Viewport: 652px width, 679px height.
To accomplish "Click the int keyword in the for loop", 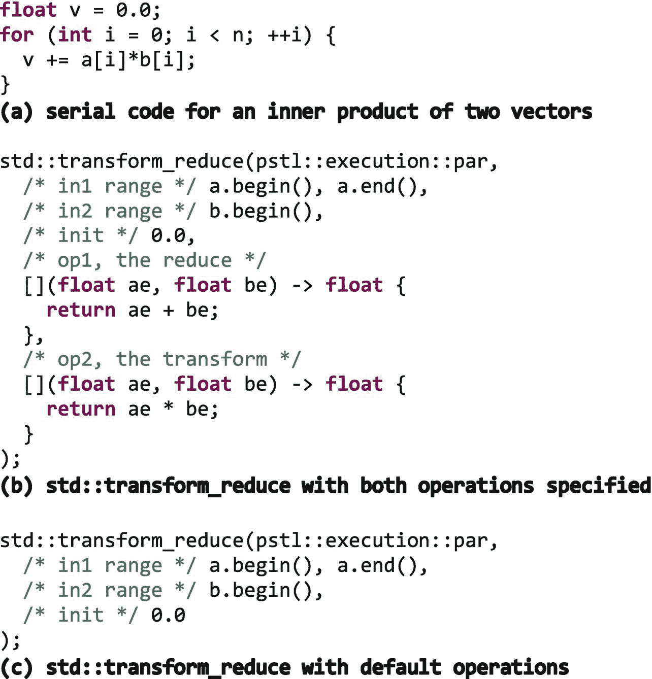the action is [75, 35].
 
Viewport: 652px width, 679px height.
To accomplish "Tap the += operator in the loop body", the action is [57, 60].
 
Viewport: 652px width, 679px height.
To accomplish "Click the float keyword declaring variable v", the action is [28, 10].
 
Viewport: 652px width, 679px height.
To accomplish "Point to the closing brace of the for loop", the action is [6, 85].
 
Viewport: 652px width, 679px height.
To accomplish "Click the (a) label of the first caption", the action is [17, 112].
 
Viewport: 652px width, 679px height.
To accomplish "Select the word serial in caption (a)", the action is [81, 112].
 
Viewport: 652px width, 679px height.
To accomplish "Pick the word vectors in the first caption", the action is [551, 112].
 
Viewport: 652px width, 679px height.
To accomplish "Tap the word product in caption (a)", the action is [377, 112].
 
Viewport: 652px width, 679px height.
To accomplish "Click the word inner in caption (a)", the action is [296, 112].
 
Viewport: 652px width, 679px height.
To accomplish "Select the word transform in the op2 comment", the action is [215, 359].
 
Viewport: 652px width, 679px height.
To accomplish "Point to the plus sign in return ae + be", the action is [168, 310].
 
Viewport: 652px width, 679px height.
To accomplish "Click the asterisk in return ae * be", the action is [168, 408].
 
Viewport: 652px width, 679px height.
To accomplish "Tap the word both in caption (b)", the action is [383, 486].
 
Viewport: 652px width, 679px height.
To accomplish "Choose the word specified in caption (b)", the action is [598, 486].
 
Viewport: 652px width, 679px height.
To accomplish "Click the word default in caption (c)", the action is [401, 667].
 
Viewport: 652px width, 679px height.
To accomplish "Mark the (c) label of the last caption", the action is [17, 667].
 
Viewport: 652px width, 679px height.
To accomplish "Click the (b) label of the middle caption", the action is [17, 486].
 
